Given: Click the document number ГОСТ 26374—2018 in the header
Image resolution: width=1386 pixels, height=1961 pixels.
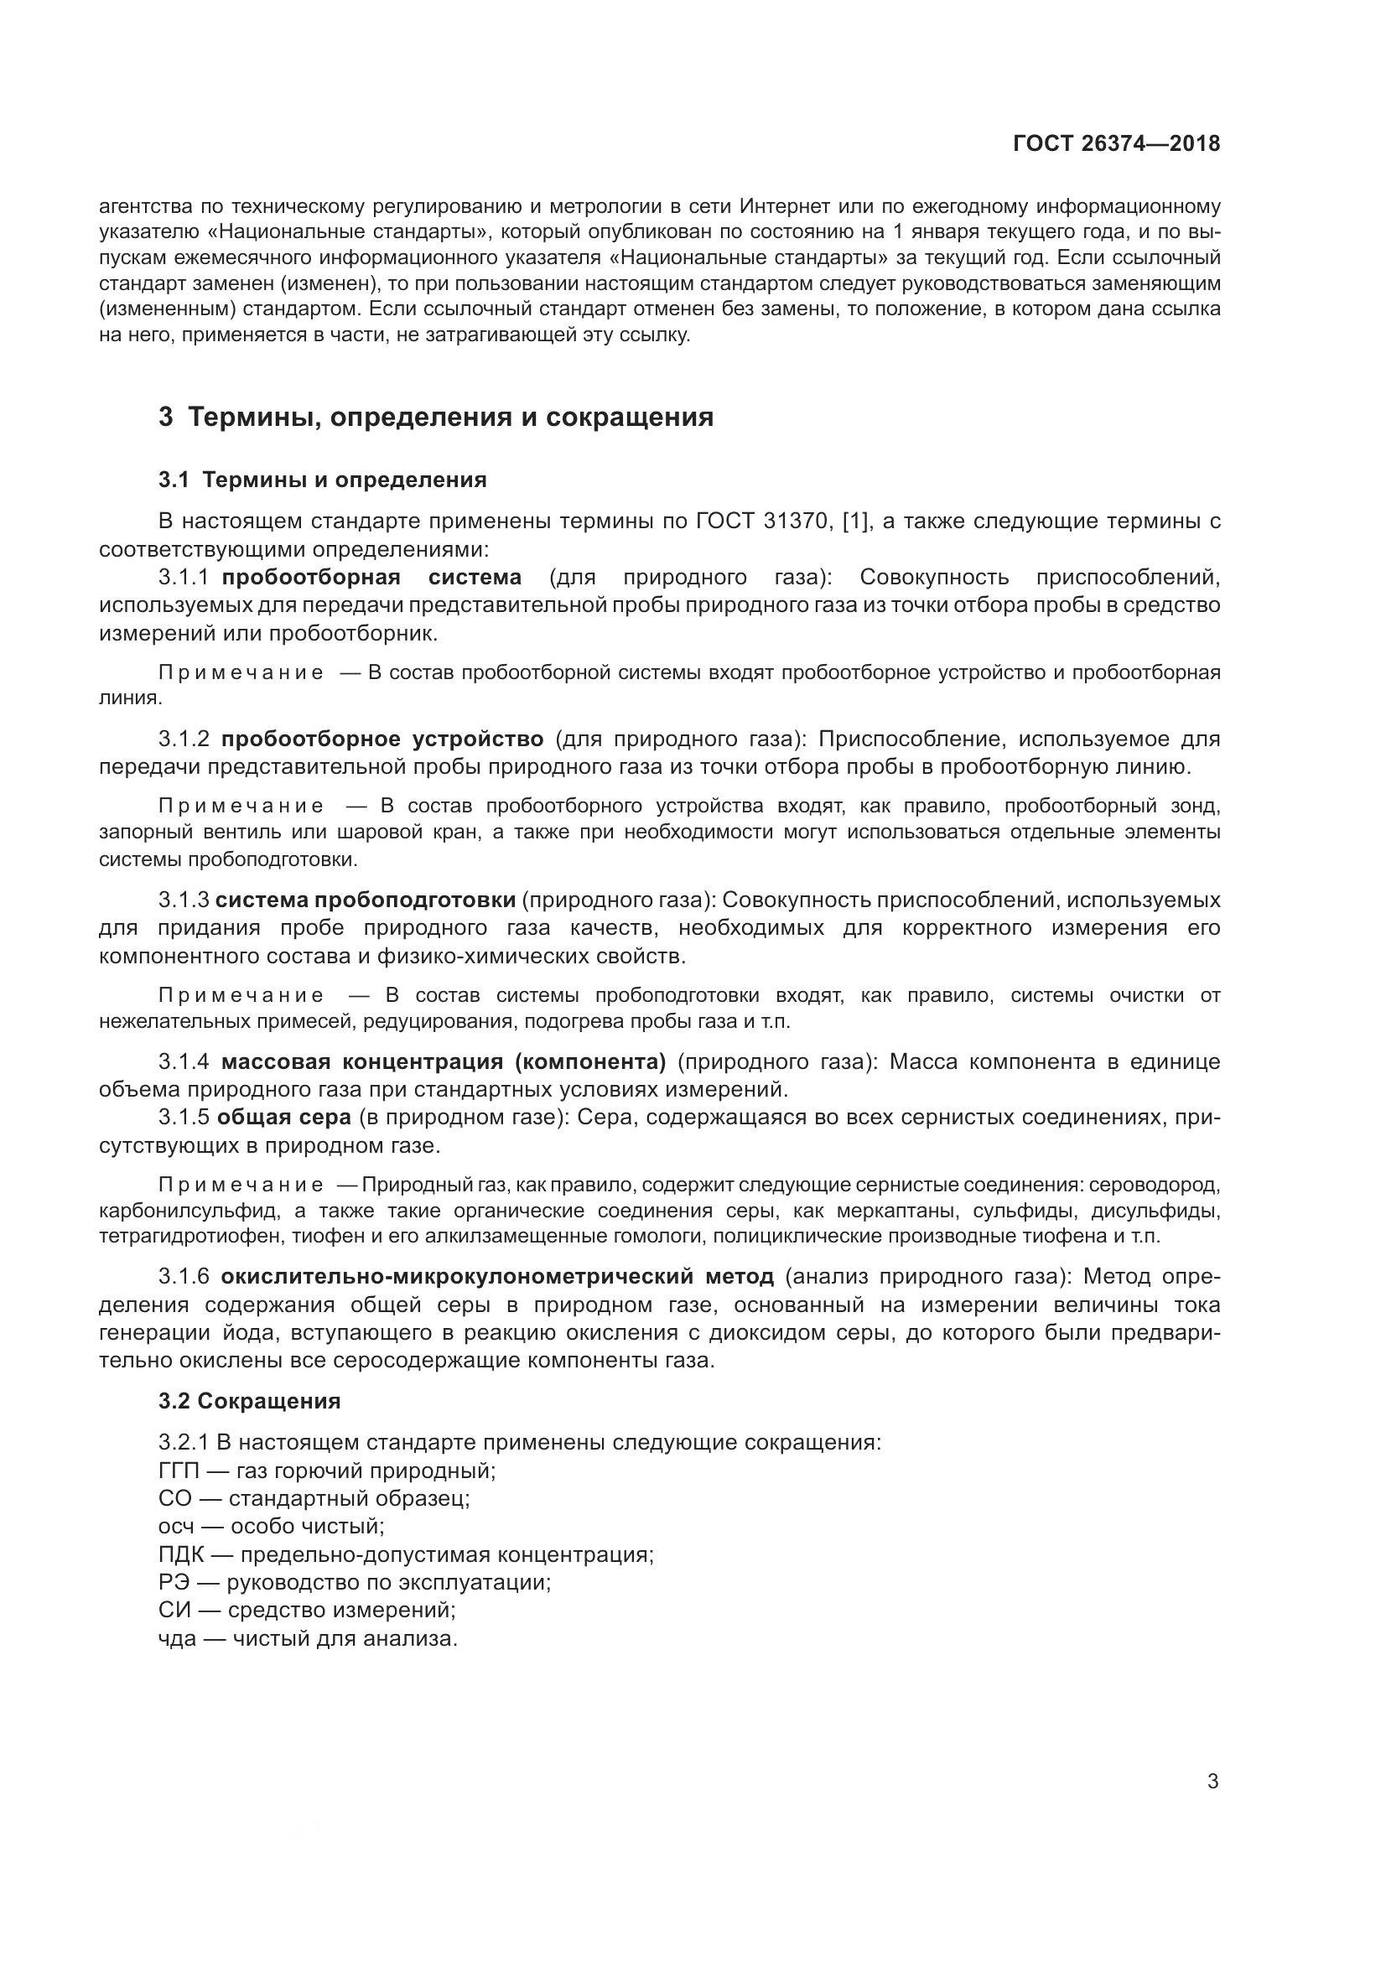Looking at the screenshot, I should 1116,143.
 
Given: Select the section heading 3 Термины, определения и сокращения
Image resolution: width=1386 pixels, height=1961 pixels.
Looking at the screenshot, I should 435,417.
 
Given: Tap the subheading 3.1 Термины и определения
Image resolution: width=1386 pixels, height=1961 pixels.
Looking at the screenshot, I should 322,480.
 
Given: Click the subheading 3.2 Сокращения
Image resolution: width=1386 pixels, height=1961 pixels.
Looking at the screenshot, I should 249,1402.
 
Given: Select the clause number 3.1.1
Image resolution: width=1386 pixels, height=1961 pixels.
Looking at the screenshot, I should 184,578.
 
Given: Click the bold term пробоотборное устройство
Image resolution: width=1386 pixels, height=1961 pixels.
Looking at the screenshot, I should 382,738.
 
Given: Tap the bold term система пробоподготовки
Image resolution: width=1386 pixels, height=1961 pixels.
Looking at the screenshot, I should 366,900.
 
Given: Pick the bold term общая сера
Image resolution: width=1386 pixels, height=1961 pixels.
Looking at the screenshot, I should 283,1117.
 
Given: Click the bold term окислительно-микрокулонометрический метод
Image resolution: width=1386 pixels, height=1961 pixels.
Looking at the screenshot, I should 496,1277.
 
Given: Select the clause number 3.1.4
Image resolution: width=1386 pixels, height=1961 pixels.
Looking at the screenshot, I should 184,1061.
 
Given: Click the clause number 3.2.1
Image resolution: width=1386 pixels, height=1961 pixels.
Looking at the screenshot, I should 184,1443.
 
